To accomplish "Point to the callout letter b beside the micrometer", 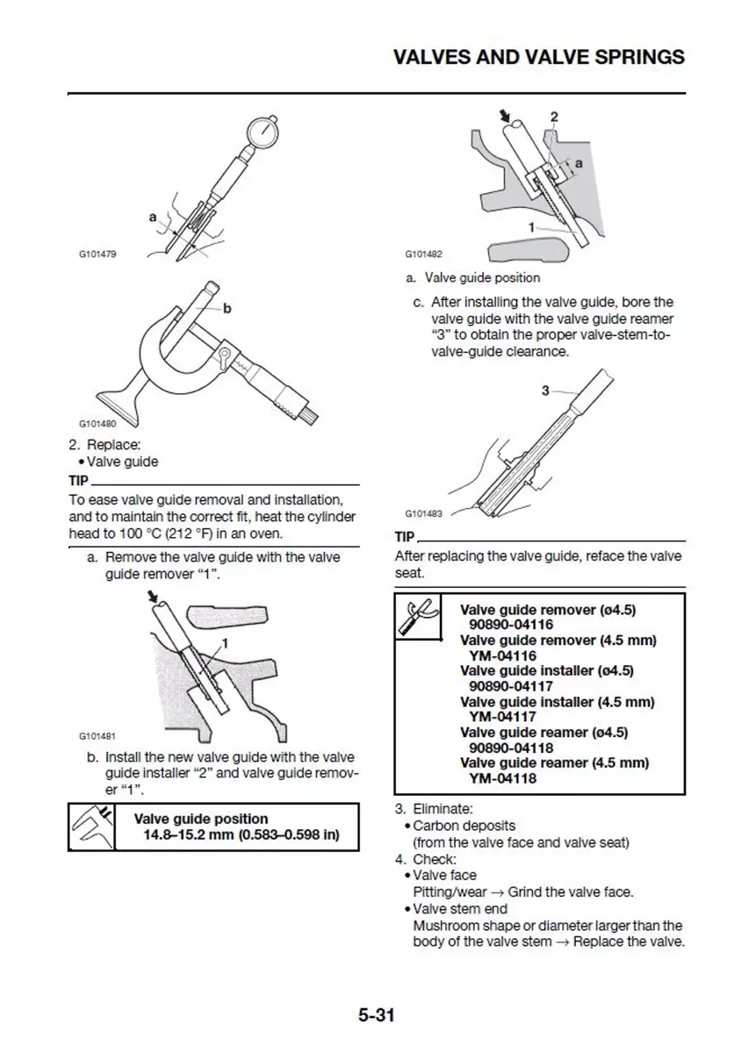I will [x=227, y=308].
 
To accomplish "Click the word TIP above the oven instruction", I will [x=78, y=481].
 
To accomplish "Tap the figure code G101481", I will [x=97, y=736].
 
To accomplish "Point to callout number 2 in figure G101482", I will [x=554, y=117].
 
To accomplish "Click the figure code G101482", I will [x=423, y=254].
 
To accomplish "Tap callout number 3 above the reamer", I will [x=545, y=390].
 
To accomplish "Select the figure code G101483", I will [x=423, y=514].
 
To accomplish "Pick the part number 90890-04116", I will [x=511, y=625].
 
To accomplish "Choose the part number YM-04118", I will [x=502, y=777].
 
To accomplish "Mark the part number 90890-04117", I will [x=511, y=686].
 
